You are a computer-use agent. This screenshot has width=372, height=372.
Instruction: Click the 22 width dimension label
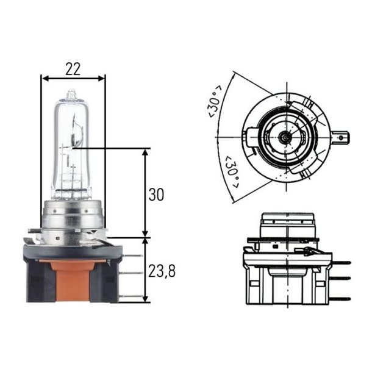[x=73, y=69]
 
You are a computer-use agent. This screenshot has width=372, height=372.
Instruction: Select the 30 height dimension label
[x=157, y=195]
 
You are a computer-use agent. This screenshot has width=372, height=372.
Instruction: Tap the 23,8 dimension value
[x=162, y=271]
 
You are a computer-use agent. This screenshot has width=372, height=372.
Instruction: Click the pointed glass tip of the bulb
[x=72, y=93]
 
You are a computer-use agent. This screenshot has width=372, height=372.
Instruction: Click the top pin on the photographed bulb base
[x=126, y=251]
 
